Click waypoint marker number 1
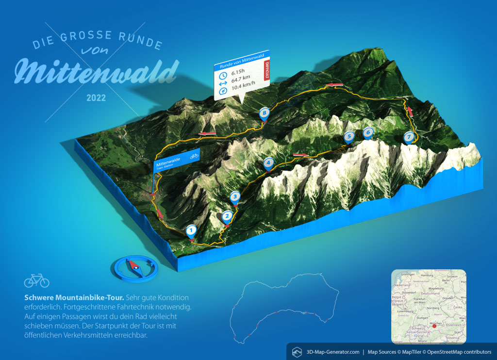[x=191, y=230]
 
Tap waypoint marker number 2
[x=227, y=217]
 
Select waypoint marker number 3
[x=235, y=196]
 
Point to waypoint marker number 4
[x=267, y=164]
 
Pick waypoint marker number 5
[x=348, y=137]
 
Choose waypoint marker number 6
[x=368, y=132]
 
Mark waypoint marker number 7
[x=409, y=137]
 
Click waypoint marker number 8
[x=264, y=114]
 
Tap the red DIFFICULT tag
[x=265, y=71]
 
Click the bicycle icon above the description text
[x=36, y=280]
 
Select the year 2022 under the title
[x=96, y=98]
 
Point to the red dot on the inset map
[x=434, y=326]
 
